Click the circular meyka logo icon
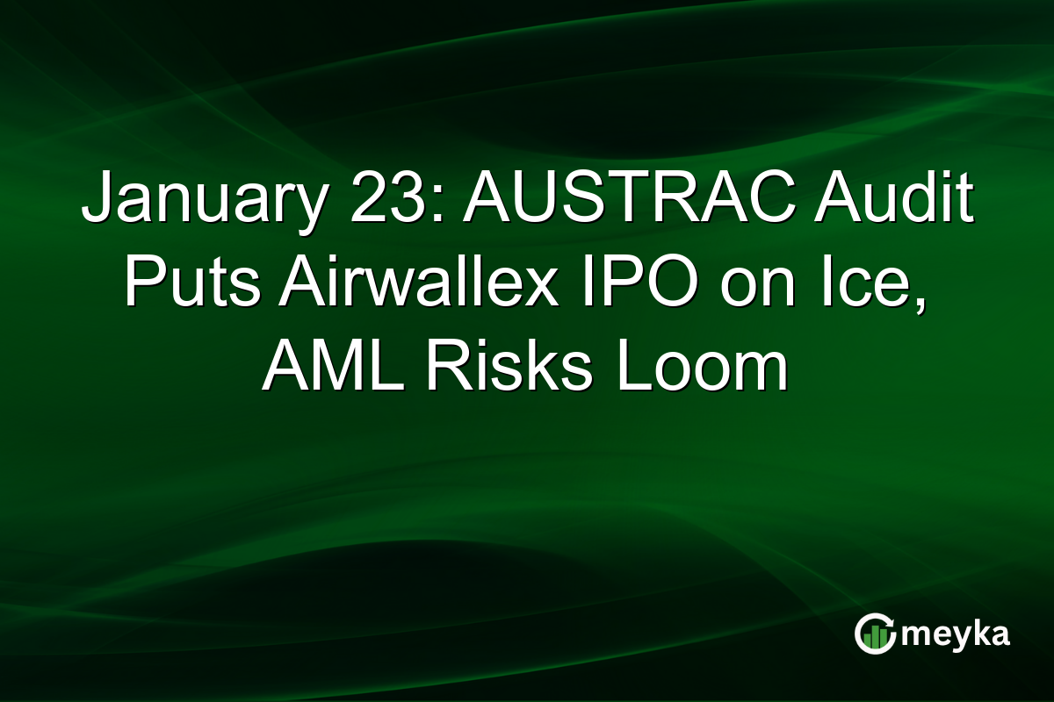(x=873, y=634)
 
